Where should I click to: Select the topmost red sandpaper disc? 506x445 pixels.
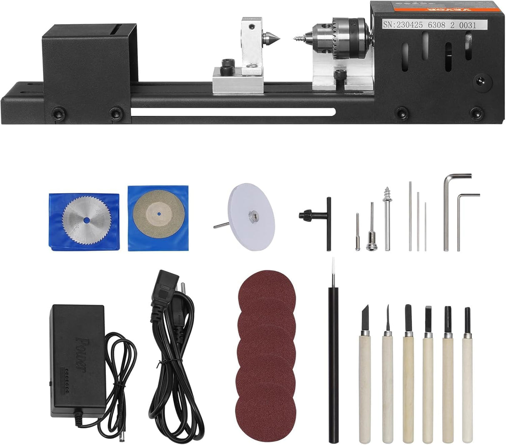pos(267,290)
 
